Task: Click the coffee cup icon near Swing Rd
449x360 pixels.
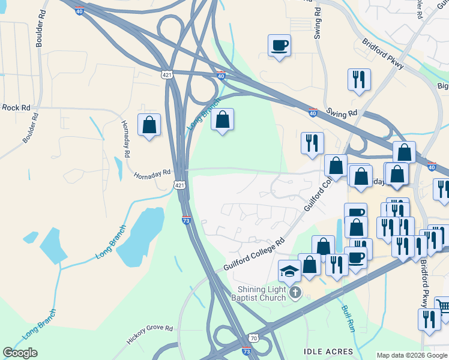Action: click(x=280, y=46)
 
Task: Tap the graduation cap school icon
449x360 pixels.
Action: click(x=289, y=271)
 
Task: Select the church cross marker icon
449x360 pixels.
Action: click(x=294, y=293)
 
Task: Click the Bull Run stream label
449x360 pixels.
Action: click(x=349, y=319)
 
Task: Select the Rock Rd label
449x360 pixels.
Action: click(x=16, y=107)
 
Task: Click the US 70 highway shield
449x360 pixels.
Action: click(x=255, y=339)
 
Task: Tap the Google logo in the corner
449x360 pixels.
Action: click(x=20, y=353)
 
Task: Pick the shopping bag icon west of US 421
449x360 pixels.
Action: click(x=149, y=125)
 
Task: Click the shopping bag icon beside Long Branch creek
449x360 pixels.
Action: click(x=222, y=120)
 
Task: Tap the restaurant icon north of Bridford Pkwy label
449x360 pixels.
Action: click(x=358, y=79)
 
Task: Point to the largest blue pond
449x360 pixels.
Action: click(x=138, y=237)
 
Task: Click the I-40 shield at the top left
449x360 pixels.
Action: click(x=79, y=11)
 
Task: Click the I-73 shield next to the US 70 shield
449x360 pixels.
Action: click(x=246, y=350)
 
